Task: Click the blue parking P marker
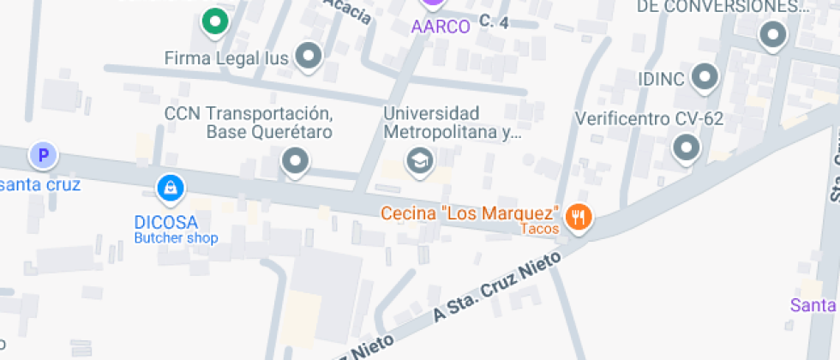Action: pyautogui.click(x=43, y=156)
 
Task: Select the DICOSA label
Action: pyautogui.click(x=160, y=222)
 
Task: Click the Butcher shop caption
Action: pyautogui.click(x=176, y=237)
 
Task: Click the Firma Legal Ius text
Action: pyautogui.click(x=227, y=57)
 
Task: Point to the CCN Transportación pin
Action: pyautogui.click(x=296, y=160)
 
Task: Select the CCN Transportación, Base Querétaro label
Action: pyautogui.click(x=248, y=123)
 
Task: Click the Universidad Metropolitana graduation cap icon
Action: pyautogui.click(x=419, y=160)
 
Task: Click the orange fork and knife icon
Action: pyautogui.click(x=579, y=217)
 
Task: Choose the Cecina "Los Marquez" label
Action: pyautogui.click(x=471, y=213)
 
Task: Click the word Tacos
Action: pyautogui.click(x=540, y=229)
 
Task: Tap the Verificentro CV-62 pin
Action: pyautogui.click(x=687, y=148)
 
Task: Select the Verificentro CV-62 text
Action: pyautogui.click(x=650, y=119)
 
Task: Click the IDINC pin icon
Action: pyautogui.click(x=705, y=77)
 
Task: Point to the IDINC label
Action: pyautogui.click(x=661, y=79)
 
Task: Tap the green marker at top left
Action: pyautogui.click(x=214, y=21)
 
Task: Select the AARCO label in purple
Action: pyautogui.click(x=441, y=27)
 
